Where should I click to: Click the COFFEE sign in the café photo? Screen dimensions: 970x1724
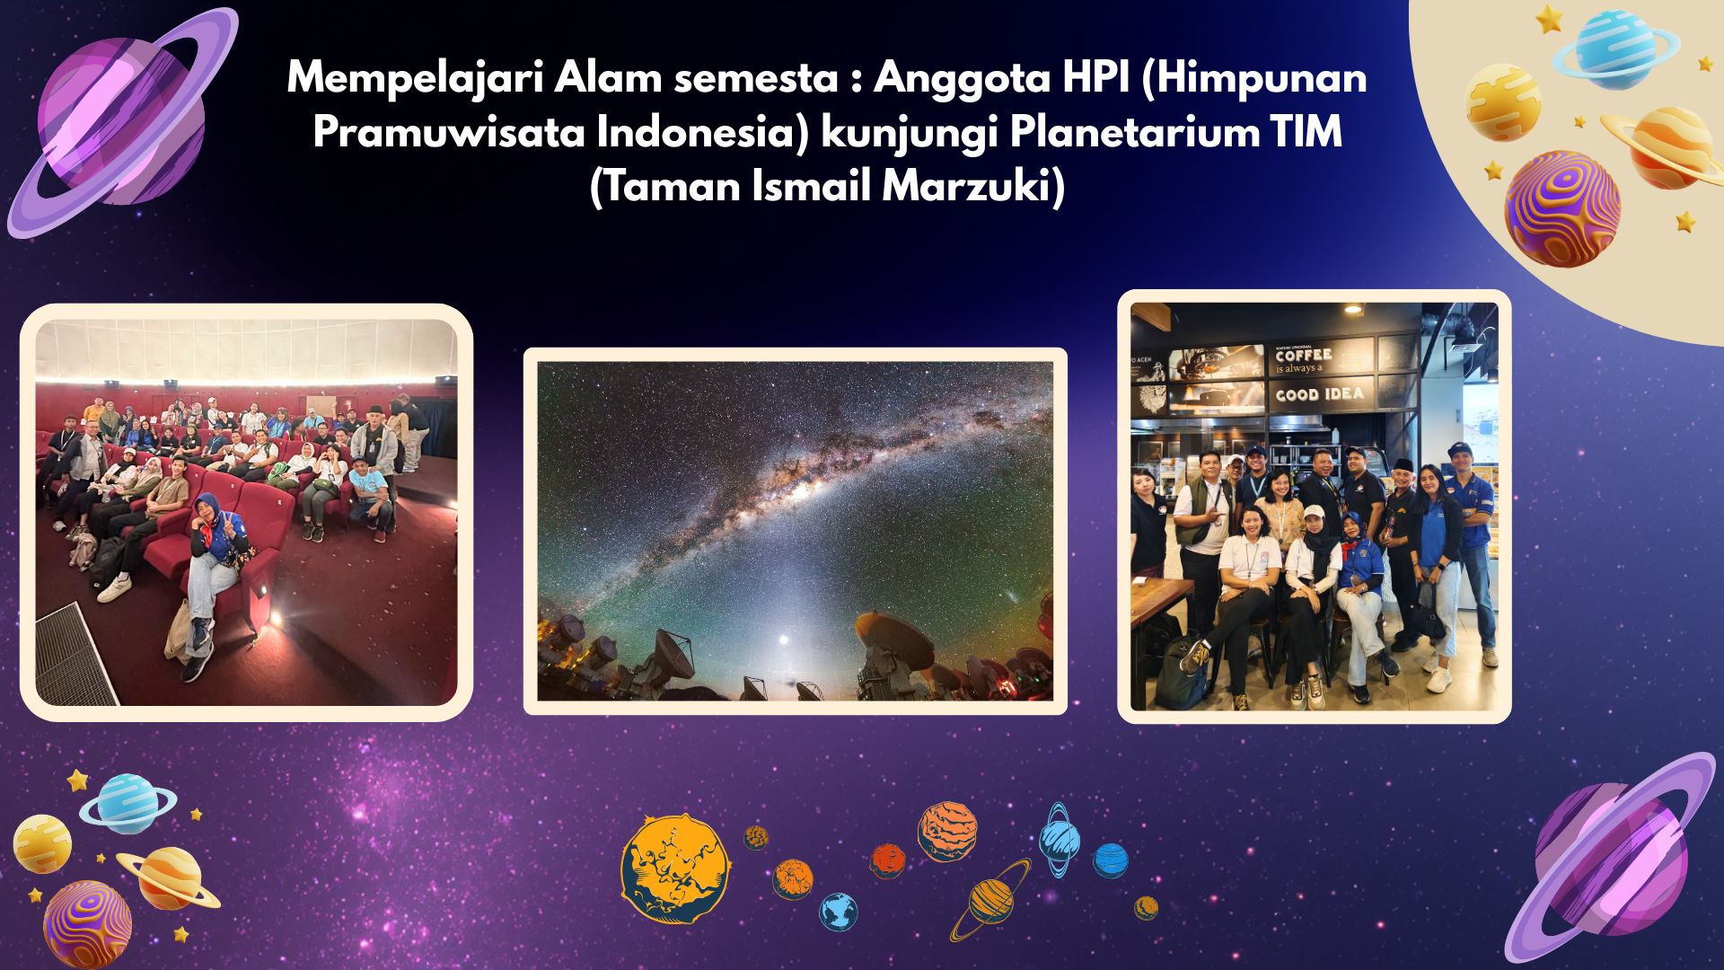click(1304, 356)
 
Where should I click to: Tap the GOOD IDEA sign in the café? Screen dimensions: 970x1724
click(1319, 394)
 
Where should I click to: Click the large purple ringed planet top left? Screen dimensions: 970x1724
click(121, 121)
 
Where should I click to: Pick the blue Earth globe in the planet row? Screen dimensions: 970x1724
click(838, 912)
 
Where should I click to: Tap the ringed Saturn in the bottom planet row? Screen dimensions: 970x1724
click(990, 899)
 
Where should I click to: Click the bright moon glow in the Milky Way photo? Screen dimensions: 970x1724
click(784, 640)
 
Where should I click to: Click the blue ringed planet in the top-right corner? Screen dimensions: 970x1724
click(1615, 47)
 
